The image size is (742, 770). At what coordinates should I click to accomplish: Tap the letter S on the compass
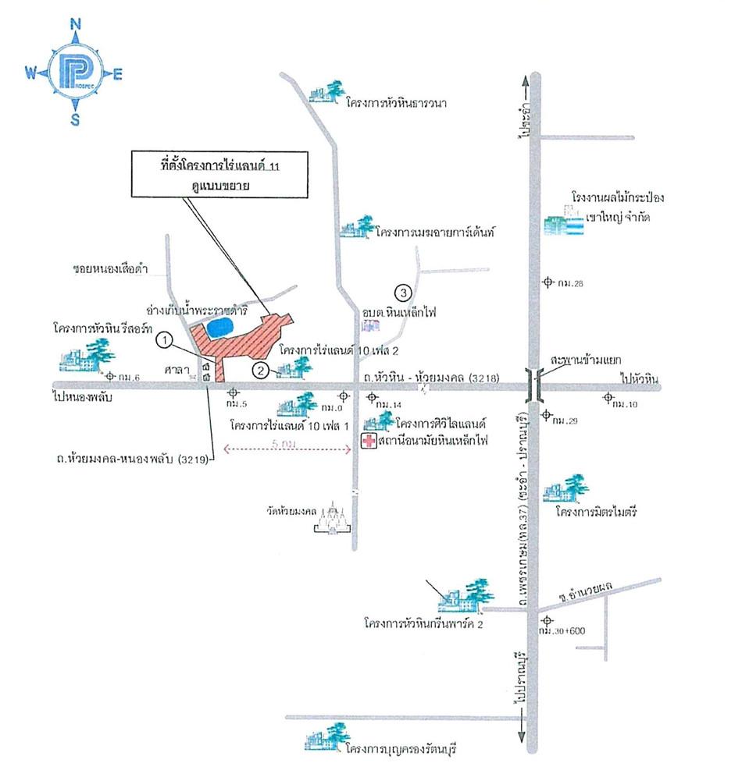coord(76,119)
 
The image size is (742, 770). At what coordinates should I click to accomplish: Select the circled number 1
coord(164,340)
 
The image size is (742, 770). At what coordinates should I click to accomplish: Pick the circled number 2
coord(262,369)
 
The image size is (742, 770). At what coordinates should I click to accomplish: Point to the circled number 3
coord(403,293)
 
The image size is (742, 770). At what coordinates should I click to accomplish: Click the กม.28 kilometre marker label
coord(571,283)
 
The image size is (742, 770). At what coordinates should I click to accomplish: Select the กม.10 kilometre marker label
coord(626,404)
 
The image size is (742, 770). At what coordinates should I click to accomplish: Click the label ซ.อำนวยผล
coord(583,597)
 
